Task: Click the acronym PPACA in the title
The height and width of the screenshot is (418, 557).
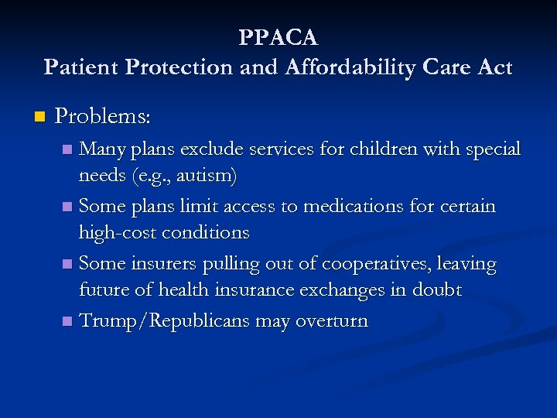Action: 278,36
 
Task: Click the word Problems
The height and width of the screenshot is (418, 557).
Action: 103,117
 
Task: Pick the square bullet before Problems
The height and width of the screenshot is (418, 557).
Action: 39,118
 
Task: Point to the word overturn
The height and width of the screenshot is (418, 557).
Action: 333,320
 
